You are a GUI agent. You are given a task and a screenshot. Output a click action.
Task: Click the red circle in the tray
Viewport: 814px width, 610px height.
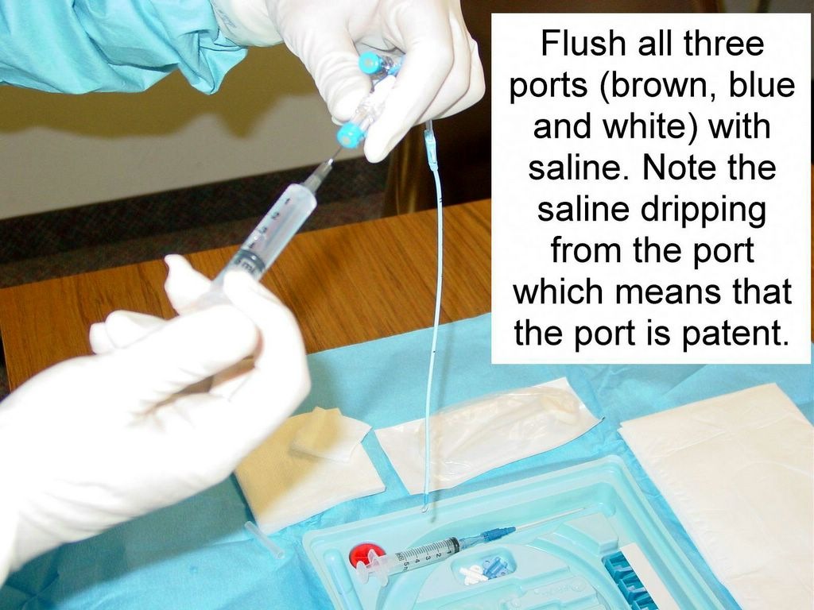pos(365,555)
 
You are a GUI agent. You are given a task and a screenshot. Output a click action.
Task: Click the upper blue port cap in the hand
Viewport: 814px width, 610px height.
pos(371,63)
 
